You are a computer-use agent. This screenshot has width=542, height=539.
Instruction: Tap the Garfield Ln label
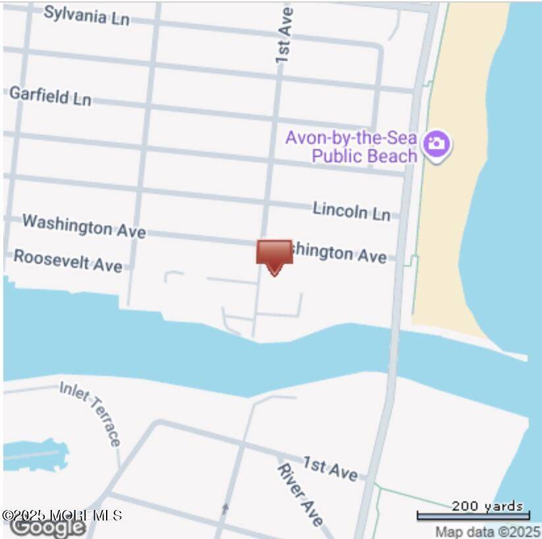50,96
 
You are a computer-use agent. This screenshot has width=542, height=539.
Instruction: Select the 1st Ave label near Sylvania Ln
284,36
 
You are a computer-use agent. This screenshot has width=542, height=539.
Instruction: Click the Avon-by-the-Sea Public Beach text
352,146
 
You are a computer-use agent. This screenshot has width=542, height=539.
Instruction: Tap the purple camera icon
436,143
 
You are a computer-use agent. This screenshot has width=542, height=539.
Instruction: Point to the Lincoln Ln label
351,210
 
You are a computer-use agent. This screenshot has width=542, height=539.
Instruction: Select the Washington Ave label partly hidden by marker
340,253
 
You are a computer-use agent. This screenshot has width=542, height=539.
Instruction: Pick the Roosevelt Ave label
68,260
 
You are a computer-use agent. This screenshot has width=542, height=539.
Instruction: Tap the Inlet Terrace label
91,413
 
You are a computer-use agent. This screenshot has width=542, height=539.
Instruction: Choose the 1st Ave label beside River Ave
331,468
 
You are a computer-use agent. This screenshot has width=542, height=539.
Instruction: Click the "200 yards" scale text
487,506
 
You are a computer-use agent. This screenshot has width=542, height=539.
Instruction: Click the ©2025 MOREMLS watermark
62,515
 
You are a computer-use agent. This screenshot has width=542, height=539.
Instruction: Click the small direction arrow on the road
225,508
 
